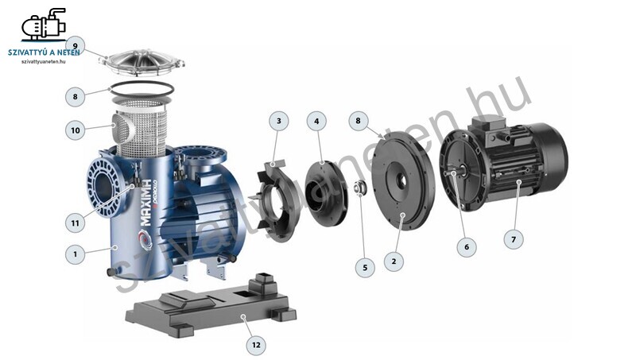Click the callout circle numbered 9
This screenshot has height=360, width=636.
(76, 46)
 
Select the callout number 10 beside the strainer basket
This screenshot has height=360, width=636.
(76, 130)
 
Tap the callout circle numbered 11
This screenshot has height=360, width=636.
(76, 223)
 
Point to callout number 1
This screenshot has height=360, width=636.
(76, 254)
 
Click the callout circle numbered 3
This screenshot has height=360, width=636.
(279, 121)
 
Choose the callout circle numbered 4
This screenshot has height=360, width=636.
(316, 121)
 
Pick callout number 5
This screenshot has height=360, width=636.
(365, 267)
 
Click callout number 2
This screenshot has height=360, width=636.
(394, 261)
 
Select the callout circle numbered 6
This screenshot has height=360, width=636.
(467, 246)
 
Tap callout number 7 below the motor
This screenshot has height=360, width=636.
(514, 239)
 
